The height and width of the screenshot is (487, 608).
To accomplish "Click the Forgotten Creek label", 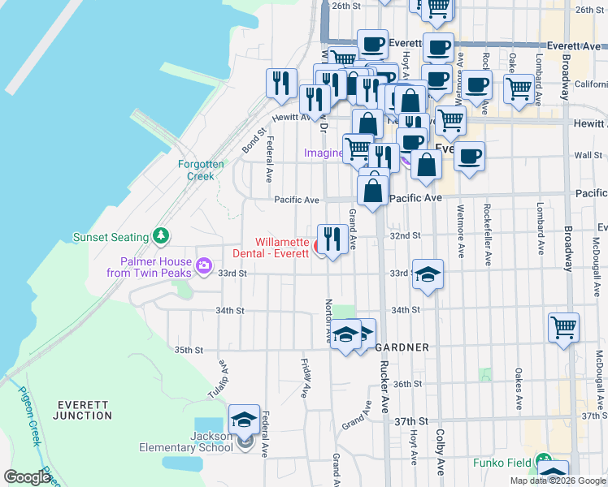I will tap(196, 170).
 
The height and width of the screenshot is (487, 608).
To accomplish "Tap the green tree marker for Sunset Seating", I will tap(162, 236).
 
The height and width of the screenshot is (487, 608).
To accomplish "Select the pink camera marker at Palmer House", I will tap(203, 265).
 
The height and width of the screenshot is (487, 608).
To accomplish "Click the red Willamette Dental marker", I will tap(319, 245).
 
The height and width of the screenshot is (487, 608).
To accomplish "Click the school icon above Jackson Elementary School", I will tap(245, 420).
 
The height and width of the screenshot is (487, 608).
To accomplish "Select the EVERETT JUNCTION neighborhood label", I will tap(82, 410).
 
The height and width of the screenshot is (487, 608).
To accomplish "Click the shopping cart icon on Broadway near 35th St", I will tap(563, 328).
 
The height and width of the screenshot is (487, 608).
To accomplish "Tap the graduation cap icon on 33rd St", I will tap(427, 274).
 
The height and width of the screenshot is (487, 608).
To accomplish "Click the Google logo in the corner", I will tap(26, 478).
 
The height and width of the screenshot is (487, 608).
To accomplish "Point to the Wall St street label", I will tap(587, 155).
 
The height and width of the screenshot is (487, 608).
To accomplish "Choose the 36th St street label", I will tap(409, 384).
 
